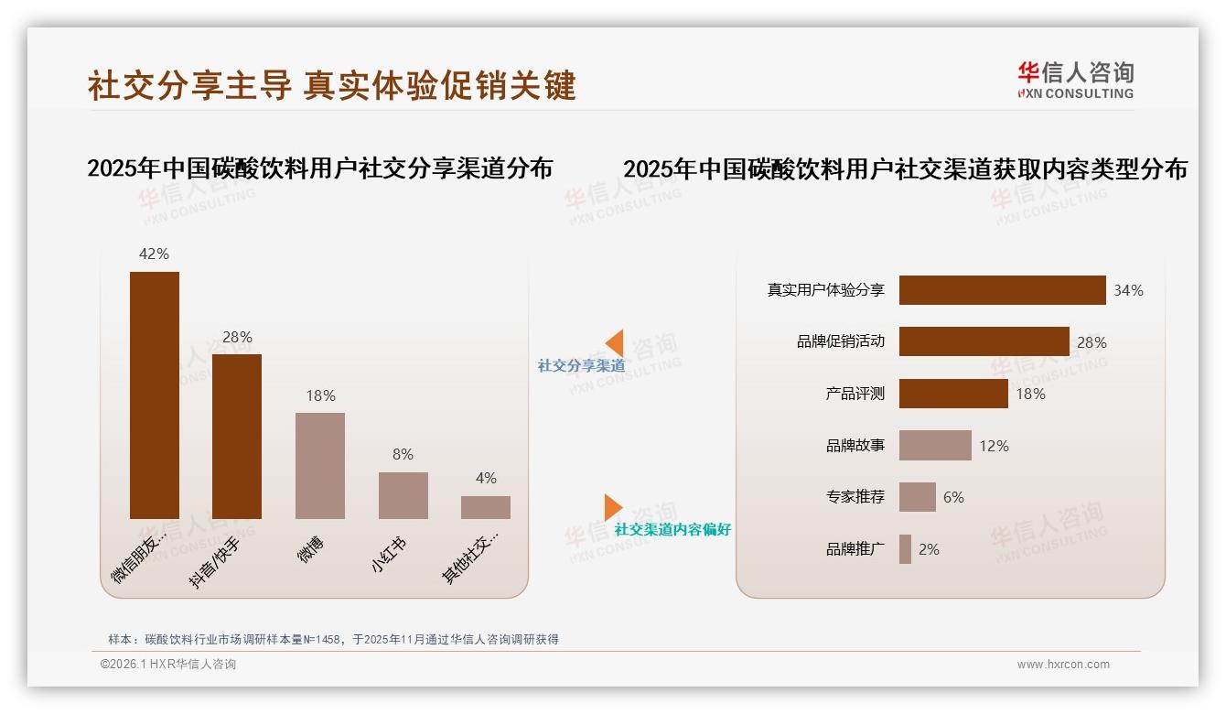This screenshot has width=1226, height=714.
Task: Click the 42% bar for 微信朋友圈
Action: click(x=155, y=395)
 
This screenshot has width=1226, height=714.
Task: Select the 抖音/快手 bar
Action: click(x=237, y=436)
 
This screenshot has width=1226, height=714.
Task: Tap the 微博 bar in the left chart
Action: click(x=320, y=465)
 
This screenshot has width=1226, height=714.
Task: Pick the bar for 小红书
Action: click(x=403, y=495)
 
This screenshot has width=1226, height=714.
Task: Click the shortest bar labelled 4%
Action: click(x=486, y=507)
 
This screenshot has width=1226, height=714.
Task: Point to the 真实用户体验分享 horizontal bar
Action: click(x=1002, y=290)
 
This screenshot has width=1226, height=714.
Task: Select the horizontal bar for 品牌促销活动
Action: click(x=984, y=341)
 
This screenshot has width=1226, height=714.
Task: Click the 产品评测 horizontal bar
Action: click(x=953, y=394)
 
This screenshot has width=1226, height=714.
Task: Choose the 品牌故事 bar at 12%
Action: click(x=935, y=446)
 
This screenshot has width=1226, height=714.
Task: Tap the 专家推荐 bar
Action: click(x=917, y=497)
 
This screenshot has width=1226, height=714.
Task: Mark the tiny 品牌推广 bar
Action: click(x=905, y=549)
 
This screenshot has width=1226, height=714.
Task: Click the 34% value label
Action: click(x=1128, y=290)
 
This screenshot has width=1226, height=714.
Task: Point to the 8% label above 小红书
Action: click(x=403, y=454)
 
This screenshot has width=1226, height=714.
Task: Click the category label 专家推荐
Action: click(x=855, y=497)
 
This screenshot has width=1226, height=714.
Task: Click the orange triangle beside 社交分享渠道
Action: click(x=614, y=343)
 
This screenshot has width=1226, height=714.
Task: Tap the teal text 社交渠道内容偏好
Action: click(x=672, y=530)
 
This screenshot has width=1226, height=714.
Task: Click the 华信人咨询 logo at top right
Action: click(x=1075, y=80)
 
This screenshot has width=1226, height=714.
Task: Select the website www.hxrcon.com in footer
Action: click(x=1063, y=665)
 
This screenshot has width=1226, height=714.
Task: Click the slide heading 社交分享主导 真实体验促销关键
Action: click(x=331, y=85)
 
